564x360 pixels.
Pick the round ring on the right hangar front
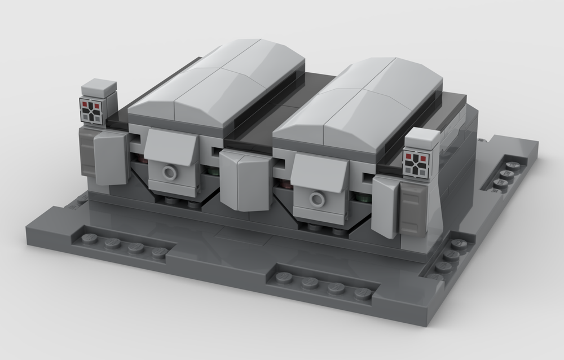coord(318,199)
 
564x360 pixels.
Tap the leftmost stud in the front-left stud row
coord(89,238)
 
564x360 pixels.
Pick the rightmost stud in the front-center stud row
coord(362,293)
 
